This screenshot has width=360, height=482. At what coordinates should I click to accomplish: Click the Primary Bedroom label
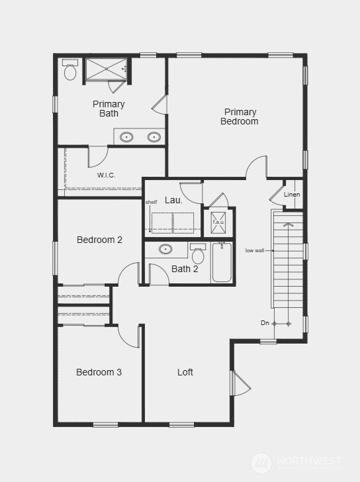click(x=240, y=117)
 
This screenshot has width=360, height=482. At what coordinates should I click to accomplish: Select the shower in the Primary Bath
click(x=105, y=70)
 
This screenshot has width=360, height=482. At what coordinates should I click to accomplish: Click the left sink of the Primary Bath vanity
click(x=126, y=137)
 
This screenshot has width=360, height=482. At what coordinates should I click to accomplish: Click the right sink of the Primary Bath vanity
click(x=154, y=137)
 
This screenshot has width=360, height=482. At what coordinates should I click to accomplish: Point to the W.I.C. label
click(x=107, y=175)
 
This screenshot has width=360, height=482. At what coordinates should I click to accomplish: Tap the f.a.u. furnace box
click(x=218, y=222)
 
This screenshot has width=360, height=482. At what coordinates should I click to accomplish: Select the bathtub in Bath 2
click(x=222, y=263)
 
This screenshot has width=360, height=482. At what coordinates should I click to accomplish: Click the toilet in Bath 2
click(x=198, y=254)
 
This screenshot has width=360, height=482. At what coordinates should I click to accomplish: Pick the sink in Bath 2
click(x=165, y=250)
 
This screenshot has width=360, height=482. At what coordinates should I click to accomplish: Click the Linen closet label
click(x=292, y=195)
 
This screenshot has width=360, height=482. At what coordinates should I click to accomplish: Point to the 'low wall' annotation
click(x=255, y=250)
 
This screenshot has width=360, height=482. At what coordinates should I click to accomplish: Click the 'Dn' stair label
click(x=265, y=323)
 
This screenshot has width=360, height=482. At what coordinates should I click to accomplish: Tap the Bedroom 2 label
click(x=99, y=240)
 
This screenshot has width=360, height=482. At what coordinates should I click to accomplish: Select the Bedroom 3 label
click(x=99, y=372)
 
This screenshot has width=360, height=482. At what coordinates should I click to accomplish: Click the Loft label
click(x=185, y=372)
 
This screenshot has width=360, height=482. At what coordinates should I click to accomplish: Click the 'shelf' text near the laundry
click(x=152, y=202)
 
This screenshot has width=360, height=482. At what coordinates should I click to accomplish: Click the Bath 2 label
click(x=185, y=269)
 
